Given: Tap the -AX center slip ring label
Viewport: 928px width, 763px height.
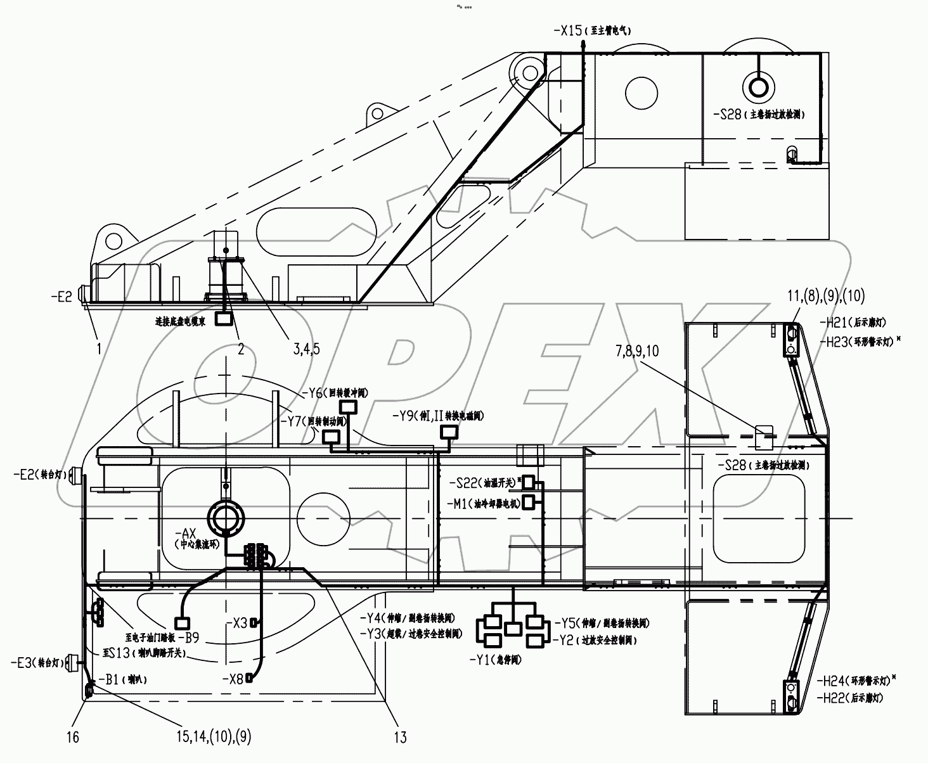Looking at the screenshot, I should [189, 535].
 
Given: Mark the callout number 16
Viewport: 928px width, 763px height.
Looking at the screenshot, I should [72, 738].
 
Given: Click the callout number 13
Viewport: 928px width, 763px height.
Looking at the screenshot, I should [400, 737].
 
